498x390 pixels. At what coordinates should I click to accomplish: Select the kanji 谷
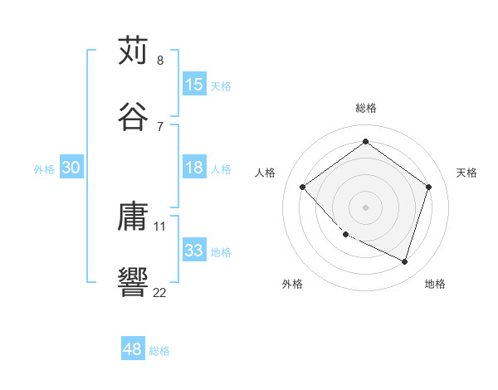pyautogui.click(x=134, y=115)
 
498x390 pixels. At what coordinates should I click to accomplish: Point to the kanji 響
pyautogui.click(x=134, y=281)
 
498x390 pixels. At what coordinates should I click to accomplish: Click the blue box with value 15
pyautogui.click(x=194, y=85)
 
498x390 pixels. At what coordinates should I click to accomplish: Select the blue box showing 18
pyautogui.click(x=194, y=168)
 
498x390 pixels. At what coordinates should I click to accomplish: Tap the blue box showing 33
pyautogui.click(x=194, y=251)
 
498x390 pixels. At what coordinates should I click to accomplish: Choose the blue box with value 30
pyautogui.click(x=71, y=168)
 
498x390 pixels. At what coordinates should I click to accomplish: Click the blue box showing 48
pyautogui.click(x=133, y=350)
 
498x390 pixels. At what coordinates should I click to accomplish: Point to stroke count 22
pyautogui.click(x=159, y=292)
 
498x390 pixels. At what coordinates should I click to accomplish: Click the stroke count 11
pyautogui.click(x=160, y=226)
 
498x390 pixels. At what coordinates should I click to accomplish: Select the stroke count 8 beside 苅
pyautogui.click(x=160, y=61)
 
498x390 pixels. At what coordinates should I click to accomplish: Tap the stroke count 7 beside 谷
pyautogui.click(x=160, y=126)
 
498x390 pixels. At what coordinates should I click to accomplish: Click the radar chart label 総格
pyautogui.click(x=366, y=108)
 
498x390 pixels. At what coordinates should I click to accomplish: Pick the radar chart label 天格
pyautogui.click(x=466, y=173)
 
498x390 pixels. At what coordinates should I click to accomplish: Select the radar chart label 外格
pyautogui.click(x=292, y=284)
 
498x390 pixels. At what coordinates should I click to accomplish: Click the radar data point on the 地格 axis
pyautogui.click(x=405, y=262)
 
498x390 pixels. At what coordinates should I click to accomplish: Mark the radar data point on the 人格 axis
pyautogui.click(x=303, y=187)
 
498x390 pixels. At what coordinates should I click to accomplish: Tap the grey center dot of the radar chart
pyautogui.click(x=365, y=207)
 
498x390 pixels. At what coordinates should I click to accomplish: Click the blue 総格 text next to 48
pyautogui.click(x=159, y=351)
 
